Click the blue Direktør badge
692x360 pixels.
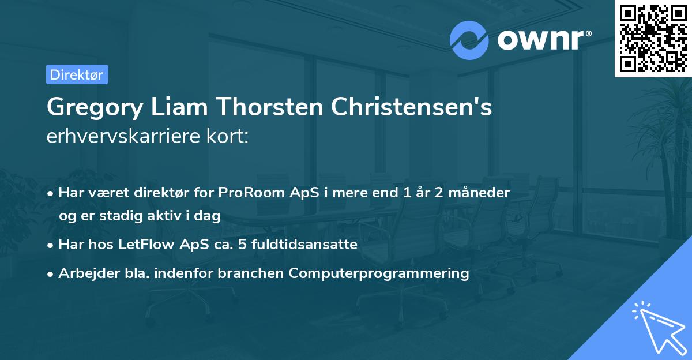click(x=77, y=74)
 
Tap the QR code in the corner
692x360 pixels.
click(x=652, y=38)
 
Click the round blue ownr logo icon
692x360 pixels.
click(x=469, y=40)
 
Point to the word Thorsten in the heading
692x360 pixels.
click(x=269, y=107)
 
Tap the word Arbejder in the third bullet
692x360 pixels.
click(x=84, y=273)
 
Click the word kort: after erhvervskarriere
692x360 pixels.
click(x=229, y=137)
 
